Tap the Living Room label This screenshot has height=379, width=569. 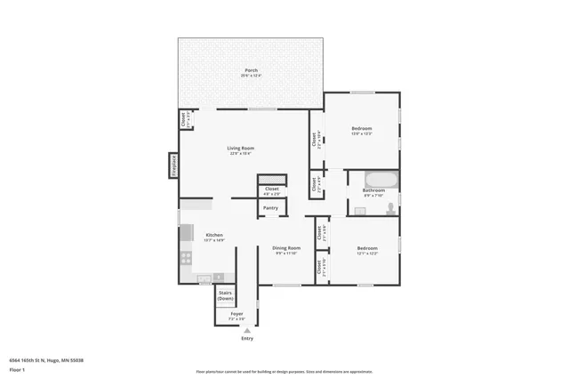(x=240, y=148)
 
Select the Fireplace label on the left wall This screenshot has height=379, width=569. (x=174, y=165)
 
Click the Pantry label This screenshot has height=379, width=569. (x=270, y=208)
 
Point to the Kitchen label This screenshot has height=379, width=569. (x=214, y=235)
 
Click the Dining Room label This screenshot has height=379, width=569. (x=286, y=248)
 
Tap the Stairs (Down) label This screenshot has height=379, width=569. (x=226, y=295)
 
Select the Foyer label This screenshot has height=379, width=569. (x=236, y=314)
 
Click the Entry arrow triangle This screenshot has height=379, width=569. (x=247, y=330)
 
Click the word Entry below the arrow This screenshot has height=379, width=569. (x=247, y=339)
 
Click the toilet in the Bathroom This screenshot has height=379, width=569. (x=390, y=209)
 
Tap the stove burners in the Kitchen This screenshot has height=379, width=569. (x=186, y=258)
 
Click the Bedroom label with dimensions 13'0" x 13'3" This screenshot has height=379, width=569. (x=361, y=129)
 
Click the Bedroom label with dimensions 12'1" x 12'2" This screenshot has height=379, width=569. (x=367, y=248)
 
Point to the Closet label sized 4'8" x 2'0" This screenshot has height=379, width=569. (x=272, y=189)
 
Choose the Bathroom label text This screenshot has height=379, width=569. (x=373, y=189)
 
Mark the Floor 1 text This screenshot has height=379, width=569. (x=18, y=368)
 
